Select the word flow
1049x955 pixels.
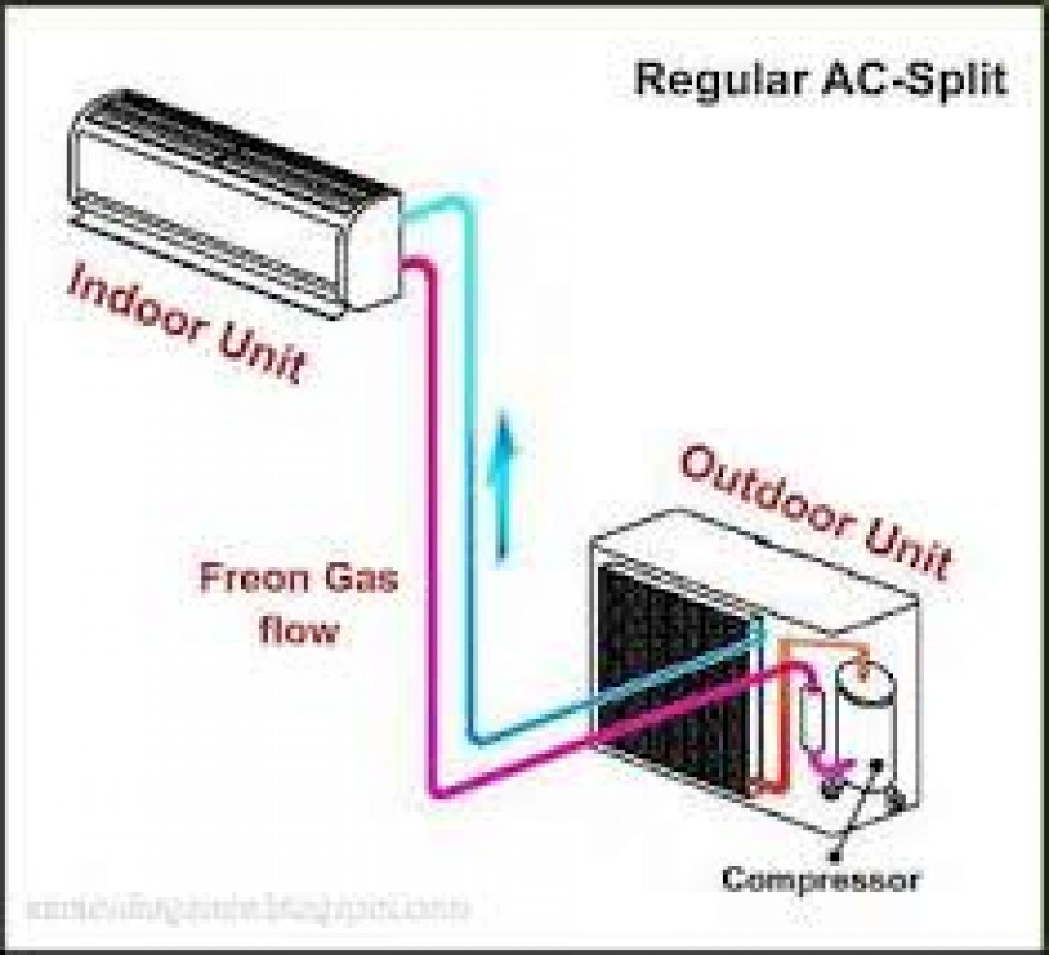(x=296, y=632)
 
